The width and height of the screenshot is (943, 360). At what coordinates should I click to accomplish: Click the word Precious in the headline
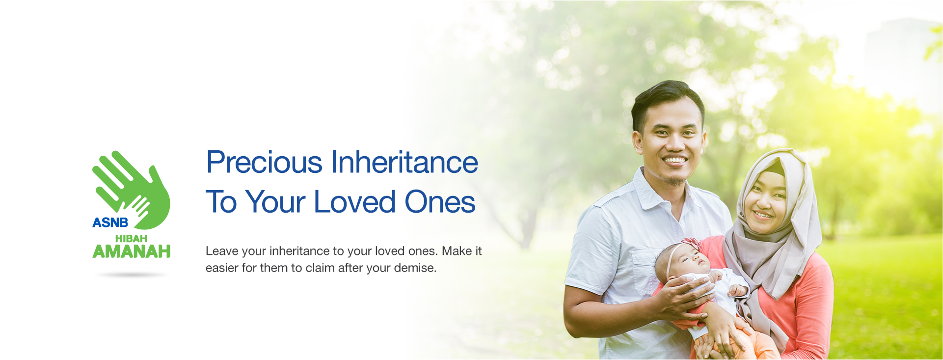tap(264, 163)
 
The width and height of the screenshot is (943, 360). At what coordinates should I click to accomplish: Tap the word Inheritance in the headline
tap(404, 163)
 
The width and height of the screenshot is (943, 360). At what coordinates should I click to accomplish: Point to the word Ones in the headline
tap(440, 202)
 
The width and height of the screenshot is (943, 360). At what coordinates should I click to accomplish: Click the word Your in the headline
tap(275, 202)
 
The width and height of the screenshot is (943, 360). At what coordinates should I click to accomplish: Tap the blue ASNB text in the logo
tap(110, 222)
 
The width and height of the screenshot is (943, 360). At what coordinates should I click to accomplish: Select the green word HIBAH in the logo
tap(131, 238)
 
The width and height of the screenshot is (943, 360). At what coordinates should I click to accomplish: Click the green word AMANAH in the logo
tap(132, 251)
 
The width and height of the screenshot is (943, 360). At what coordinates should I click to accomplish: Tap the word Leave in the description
tap(222, 251)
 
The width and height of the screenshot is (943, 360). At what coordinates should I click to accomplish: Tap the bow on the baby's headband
tap(691, 244)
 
